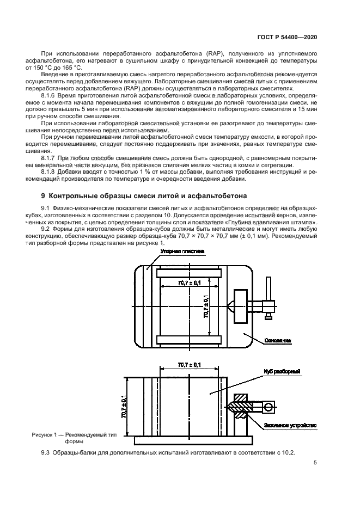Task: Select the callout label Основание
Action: pos(277,341)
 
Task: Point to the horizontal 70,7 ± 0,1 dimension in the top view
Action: pos(188,283)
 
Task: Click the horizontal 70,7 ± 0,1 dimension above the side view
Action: pos(188,365)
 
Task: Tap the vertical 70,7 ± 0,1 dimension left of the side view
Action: pos(124,406)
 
